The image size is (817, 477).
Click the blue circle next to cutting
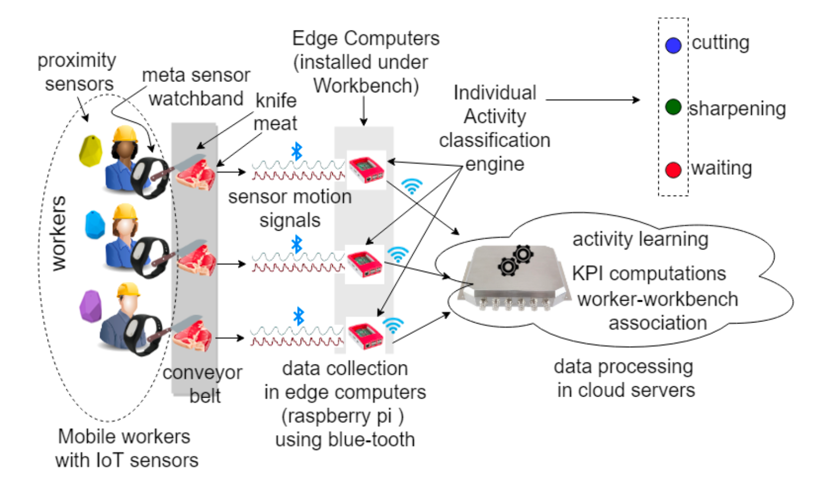pos(673,45)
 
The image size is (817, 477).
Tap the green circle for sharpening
pos(673,107)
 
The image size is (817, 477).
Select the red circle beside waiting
pos(673,170)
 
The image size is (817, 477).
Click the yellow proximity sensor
pos(90,150)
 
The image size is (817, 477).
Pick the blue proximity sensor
pos(95,225)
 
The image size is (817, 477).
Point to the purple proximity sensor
pos(91,306)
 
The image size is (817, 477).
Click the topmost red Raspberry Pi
pos(366,170)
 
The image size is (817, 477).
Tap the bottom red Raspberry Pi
pos(365,335)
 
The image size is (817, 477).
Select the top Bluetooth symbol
pos(297,151)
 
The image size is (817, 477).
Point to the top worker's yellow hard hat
pos(125,134)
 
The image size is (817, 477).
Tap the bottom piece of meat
pos(193,335)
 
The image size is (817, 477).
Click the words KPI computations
pos(649,273)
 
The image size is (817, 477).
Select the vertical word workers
pos(58,233)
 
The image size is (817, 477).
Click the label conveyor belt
pos(203,384)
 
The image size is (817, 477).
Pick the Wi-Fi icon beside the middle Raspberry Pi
pos(398,254)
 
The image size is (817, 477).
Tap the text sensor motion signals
pos(290,208)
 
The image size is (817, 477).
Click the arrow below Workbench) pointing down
pos(363,111)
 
